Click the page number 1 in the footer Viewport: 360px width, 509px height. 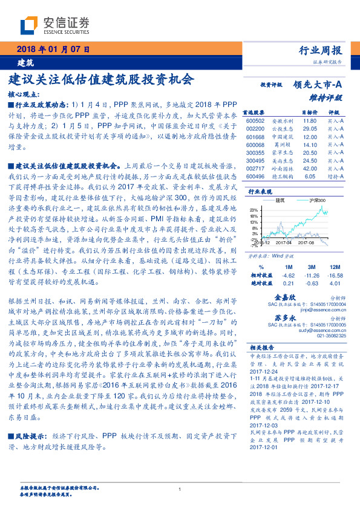click(180, 490)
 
